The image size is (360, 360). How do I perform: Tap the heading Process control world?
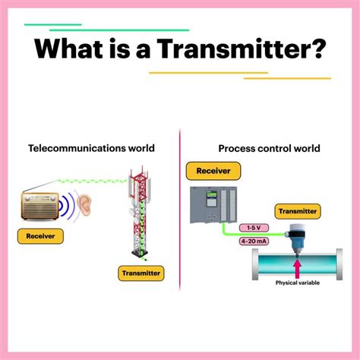point(269,148)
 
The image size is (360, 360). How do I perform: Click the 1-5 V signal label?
point(254,228)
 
